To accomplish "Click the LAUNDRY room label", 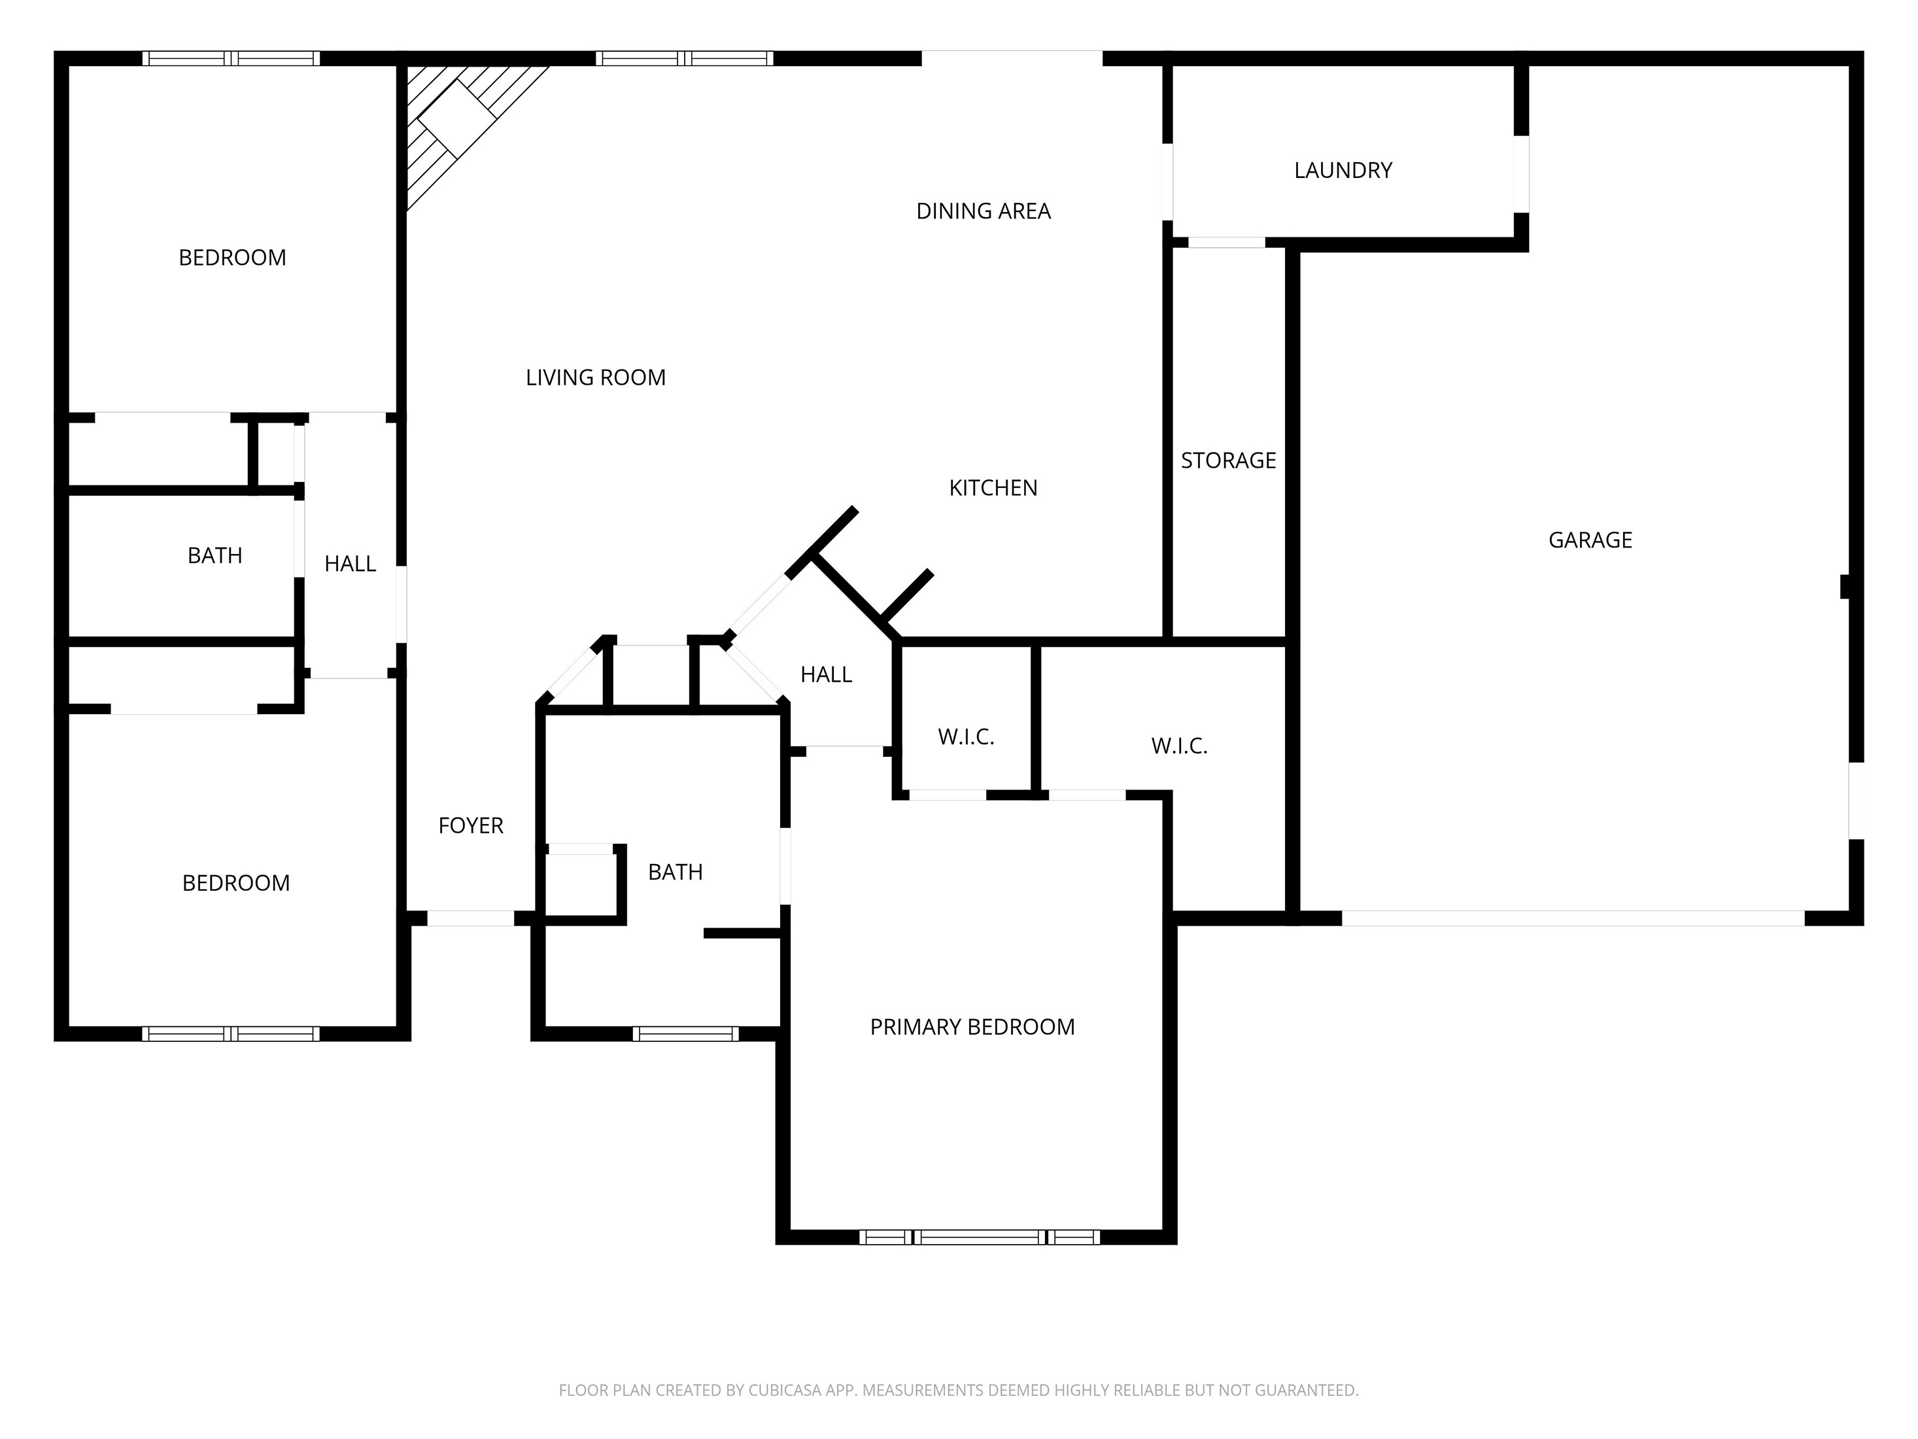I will pos(1343,170).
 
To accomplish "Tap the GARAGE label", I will pos(1589,540).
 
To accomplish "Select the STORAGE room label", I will pos(1228,460).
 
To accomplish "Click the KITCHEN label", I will pos(993,487).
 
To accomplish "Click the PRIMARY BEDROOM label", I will pos(972,1026).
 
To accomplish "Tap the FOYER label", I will pos(470,825).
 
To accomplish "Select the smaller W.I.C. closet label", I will pos(965,737).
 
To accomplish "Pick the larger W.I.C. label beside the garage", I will pos(1178,746).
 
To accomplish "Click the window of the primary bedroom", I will pos(979,1237).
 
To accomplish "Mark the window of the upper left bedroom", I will pos(231,58).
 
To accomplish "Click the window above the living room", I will pos(684,58).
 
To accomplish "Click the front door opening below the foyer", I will pos(471,918).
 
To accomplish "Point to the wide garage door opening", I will pos(1572,918).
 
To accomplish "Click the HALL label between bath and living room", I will pos(349,564).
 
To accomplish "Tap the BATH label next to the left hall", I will pos(214,555).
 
